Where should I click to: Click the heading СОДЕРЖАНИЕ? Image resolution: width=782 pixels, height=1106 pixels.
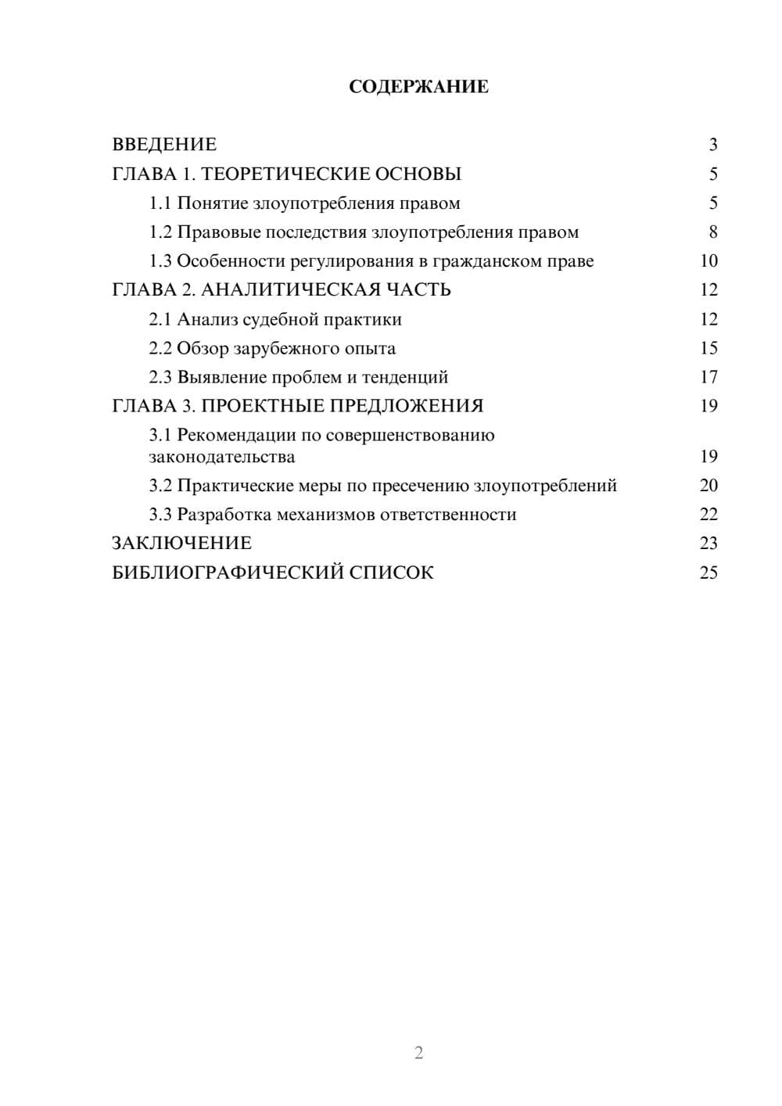tap(418, 87)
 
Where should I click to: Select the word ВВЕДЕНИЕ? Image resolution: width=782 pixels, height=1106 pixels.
tap(164, 145)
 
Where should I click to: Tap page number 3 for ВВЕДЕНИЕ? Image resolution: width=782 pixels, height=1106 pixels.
tap(712, 145)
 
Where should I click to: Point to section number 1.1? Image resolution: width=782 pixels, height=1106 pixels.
tap(160, 203)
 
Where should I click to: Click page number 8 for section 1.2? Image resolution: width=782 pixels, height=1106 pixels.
tap(712, 232)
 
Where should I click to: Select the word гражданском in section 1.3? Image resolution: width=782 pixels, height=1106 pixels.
tap(478, 261)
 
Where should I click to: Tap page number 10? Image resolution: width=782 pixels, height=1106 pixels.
tap(708, 261)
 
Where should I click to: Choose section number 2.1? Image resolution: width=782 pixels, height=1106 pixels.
tap(160, 319)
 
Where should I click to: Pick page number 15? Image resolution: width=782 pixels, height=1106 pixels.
tap(708, 348)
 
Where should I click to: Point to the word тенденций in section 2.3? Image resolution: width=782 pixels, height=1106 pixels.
tap(405, 377)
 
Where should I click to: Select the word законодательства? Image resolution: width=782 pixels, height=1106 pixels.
tap(222, 457)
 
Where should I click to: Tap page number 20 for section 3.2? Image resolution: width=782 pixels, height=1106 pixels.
tap(708, 486)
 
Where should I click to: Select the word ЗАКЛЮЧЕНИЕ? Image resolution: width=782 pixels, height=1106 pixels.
tap(181, 543)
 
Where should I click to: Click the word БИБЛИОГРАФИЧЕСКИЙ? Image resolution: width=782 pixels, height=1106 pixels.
tap(228, 573)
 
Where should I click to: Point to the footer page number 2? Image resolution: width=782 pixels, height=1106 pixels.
tap(418, 1053)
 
